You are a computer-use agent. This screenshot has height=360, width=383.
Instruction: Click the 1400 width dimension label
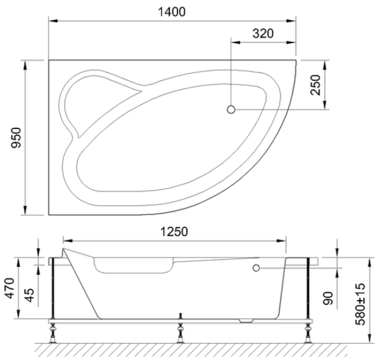(x=171, y=12)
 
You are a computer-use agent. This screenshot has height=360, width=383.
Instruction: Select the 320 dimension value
(x=263, y=34)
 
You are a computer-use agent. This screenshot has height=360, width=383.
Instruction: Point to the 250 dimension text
(x=315, y=85)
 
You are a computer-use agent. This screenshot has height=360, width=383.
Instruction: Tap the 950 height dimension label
(x=16, y=137)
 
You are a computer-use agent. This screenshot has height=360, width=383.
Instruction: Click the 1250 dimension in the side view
(x=174, y=232)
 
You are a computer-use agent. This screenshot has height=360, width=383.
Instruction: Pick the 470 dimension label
(x=10, y=288)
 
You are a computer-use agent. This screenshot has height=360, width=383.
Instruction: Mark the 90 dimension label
(x=328, y=298)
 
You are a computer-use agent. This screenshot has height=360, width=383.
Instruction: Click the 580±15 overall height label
(x=360, y=304)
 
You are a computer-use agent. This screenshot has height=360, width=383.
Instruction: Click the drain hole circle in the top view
(x=231, y=109)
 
